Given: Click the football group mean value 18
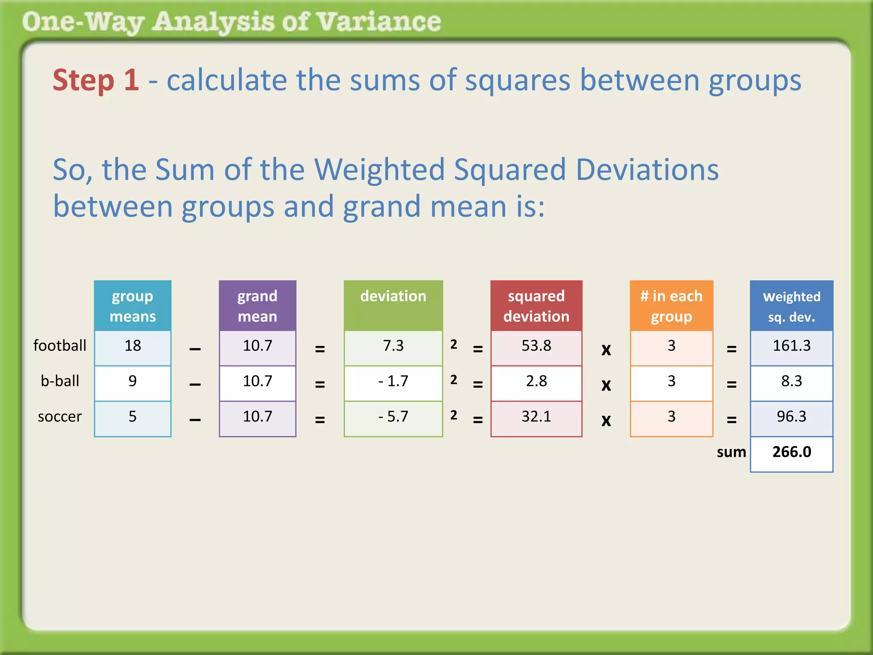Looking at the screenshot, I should coord(133,346).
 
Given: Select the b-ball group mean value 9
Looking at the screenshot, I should coord(133,381).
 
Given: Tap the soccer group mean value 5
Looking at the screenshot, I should coord(133,417).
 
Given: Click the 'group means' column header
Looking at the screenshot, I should coord(133,306).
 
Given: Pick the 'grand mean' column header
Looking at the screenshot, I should coord(257,306).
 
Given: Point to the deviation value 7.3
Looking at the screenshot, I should coord(393,346).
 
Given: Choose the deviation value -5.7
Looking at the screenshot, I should coord(393,417).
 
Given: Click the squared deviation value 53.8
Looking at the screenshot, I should coord(536,346).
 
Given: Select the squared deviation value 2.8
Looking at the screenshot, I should coord(536,381).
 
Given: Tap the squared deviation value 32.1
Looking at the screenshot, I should coord(536,417).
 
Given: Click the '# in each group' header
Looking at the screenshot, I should coord(671,306).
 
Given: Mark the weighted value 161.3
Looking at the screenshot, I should coord(792,346).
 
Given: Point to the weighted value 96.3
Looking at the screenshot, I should coord(792,417).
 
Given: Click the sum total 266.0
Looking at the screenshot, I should coord(792,452).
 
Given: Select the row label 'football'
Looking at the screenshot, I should coord(60,346).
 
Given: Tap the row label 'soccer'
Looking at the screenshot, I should coord(60,417).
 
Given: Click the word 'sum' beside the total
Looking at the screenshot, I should coord(731,452).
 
